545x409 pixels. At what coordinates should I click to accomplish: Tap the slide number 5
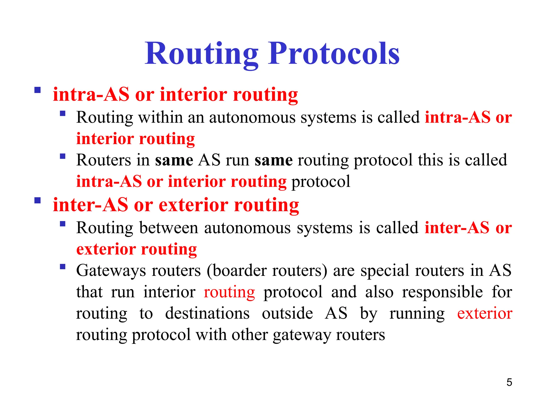pyautogui.click(x=509, y=382)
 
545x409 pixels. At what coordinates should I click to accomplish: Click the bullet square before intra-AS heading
pyautogui.click(x=38, y=90)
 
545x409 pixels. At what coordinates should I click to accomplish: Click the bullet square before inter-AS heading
pyautogui.click(x=38, y=200)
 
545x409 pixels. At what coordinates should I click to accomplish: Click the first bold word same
pyautogui.click(x=174, y=160)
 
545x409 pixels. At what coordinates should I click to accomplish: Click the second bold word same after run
pyautogui.click(x=274, y=160)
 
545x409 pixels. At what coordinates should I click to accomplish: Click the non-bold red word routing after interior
pyautogui.click(x=229, y=292)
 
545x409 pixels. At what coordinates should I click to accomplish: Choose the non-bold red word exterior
pyautogui.click(x=485, y=313)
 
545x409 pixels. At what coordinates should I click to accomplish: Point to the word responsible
pyautogui.click(x=442, y=292)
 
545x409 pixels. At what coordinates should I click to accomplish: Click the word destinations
pyautogui.click(x=207, y=313)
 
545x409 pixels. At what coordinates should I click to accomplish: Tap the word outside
pyautogui.click(x=287, y=313)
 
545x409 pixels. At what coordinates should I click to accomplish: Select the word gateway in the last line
pyautogui.click(x=302, y=335)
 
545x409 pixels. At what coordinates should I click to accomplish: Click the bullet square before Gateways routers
pyautogui.click(x=63, y=267)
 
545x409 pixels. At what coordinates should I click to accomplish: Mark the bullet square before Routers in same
pyautogui.click(x=63, y=156)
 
